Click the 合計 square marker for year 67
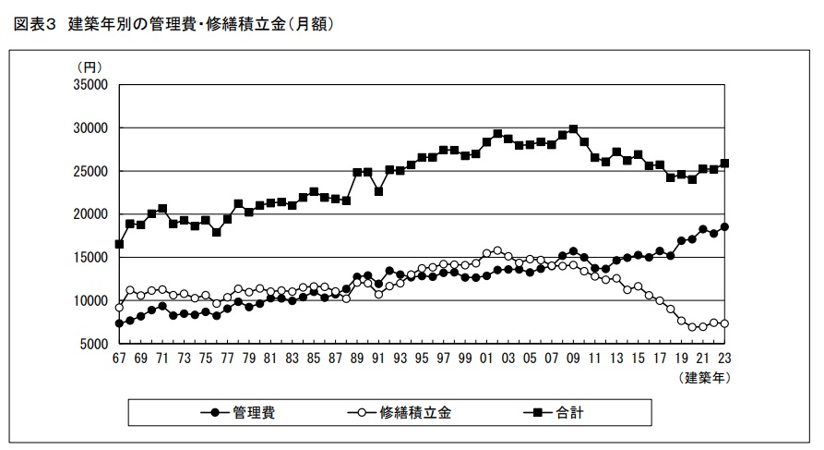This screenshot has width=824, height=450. tap(119, 244)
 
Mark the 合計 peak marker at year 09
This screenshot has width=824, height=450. tap(573, 129)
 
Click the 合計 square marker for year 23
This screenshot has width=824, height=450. tap(724, 164)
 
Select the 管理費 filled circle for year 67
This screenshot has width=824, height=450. tap(119, 323)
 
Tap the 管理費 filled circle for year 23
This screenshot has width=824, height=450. tap(724, 227)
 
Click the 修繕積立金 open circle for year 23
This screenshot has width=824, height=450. tap(724, 323)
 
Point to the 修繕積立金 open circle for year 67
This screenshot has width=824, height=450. tap(119, 307)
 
